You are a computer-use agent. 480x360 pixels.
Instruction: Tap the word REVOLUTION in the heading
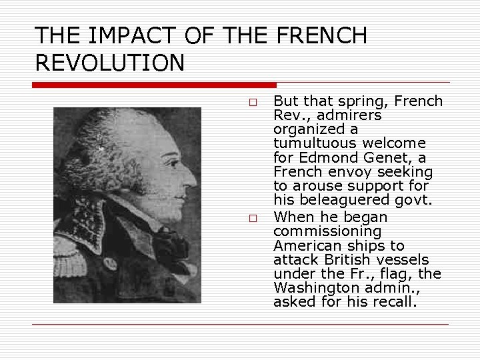click(x=109, y=63)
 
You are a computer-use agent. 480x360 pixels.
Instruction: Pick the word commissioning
click(x=327, y=231)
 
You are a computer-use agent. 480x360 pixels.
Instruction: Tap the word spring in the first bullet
click(x=365, y=101)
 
